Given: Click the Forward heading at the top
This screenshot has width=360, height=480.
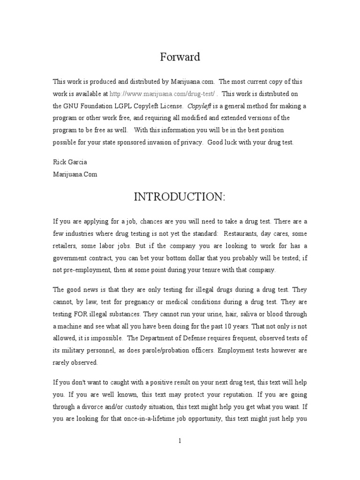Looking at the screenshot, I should [x=180, y=57].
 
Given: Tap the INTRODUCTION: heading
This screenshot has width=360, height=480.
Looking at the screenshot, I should [x=180, y=197].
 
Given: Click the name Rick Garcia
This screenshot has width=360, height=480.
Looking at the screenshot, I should [x=70, y=162].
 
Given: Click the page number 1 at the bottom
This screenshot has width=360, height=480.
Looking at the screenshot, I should [x=180, y=440].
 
